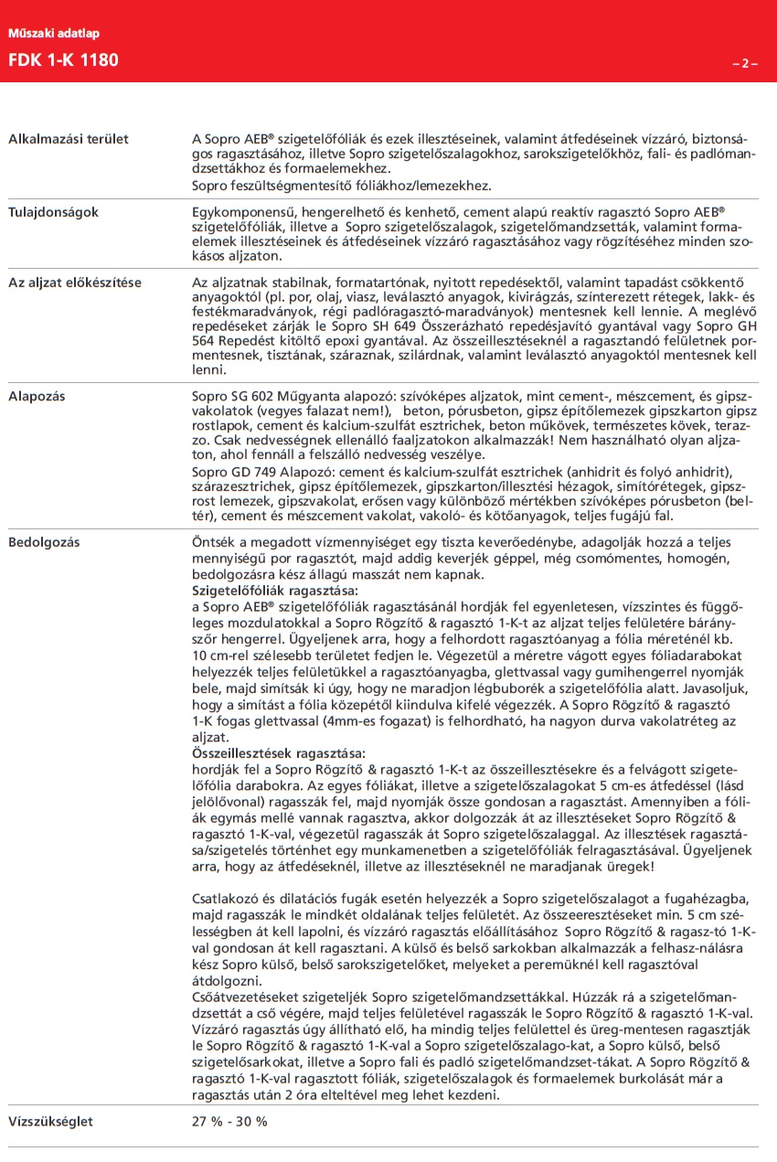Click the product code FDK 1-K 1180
[x=63, y=61]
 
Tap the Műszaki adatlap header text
[x=54, y=34]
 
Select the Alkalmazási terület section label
[x=69, y=139]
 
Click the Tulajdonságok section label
[x=54, y=212]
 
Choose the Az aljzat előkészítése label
[x=75, y=282]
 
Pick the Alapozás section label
[x=37, y=397]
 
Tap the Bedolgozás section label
[x=44, y=542]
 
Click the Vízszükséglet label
[x=50, y=1121]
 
